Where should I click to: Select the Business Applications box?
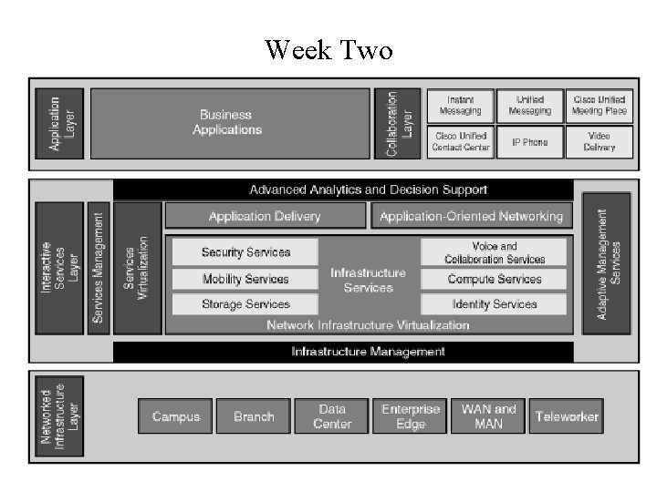point(230,123)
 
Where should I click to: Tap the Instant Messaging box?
point(461,106)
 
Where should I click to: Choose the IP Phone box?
point(530,142)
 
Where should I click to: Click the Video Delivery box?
point(600,142)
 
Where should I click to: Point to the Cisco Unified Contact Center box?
point(461,142)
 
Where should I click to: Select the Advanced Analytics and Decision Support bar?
point(343,190)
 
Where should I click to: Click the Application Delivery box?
point(265,216)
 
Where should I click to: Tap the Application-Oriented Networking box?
point(471,216)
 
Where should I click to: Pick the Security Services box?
point(245,252)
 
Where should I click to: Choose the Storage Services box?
point(245,304)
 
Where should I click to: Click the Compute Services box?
point(494,279)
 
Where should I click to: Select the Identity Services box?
point(494,304)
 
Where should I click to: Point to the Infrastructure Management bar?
point(343,352)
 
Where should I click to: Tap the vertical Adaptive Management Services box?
point(606,263)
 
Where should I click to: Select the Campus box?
point(175,416)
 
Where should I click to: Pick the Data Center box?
point(332,416)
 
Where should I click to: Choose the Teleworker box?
point(567,416)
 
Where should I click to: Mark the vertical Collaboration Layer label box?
point(397,123)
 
